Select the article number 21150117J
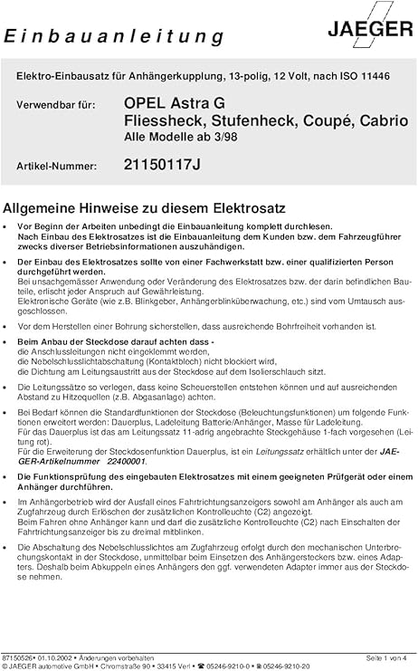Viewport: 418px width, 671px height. point(162,165)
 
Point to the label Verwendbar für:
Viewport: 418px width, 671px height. point(53,105)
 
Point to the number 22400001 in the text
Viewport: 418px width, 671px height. point(131,459)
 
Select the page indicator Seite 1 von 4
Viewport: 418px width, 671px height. point(386,657)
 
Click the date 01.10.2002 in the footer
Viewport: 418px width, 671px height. point(56,657)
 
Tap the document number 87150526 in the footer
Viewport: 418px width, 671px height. point(17,657)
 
